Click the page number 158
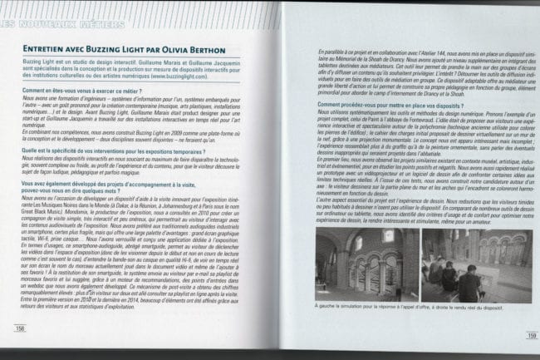point(19,327)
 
